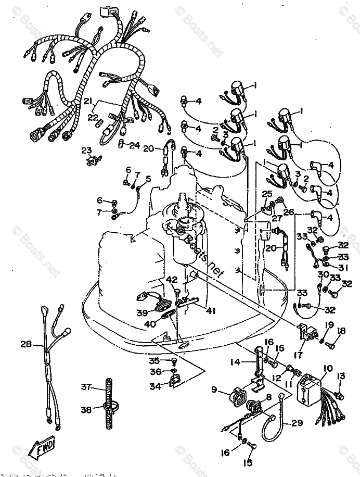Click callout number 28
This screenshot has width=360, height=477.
coord(25,344)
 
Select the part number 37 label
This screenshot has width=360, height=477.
coord(86,387)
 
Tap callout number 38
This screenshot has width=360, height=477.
coord(86,409)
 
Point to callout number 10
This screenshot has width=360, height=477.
coord(327,369)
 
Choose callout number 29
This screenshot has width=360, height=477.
coord(297,423)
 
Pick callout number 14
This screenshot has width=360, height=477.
coord(235,361)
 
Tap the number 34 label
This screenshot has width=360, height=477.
coord(155,387)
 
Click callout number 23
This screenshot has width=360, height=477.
coord(86,150)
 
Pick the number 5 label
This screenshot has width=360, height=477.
coord(148,179)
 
